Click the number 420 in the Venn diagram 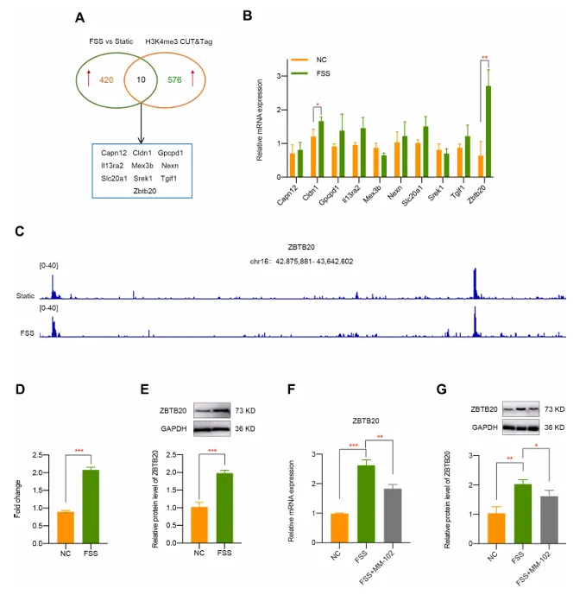106,80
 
